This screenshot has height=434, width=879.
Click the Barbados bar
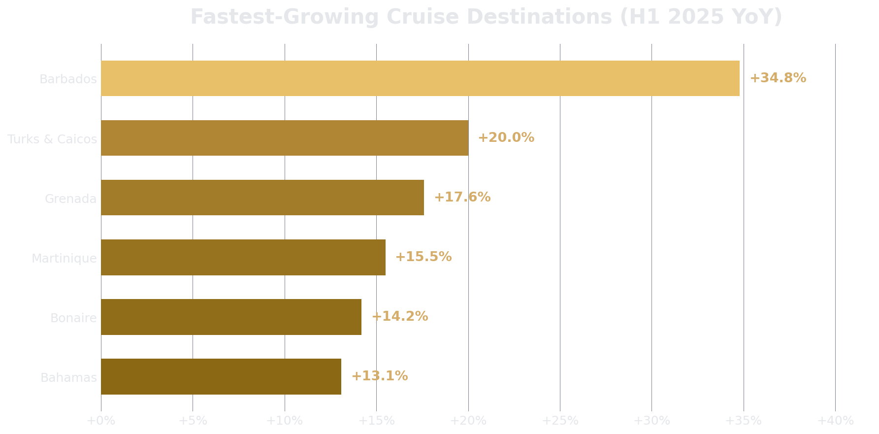[x=420, y=78]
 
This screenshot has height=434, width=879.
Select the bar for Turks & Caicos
[x=285, y=138]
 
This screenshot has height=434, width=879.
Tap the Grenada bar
[x=262, y=198]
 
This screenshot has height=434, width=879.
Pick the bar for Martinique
[x=243, y=257]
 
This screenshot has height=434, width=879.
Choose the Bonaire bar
[x=231, y=317]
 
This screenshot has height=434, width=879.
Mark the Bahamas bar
[x=221, y=376]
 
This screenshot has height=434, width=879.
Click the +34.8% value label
[x=778, y=78]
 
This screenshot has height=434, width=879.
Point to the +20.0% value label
[x=506, y=138]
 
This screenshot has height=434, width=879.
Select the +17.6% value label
[x=462, y=198]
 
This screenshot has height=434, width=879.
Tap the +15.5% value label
[x=423, y=257]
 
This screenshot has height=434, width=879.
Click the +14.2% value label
[x=399, y=317]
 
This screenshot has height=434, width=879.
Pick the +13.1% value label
[x=379, y=376]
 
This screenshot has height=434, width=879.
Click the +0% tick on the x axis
[x=100, y=421]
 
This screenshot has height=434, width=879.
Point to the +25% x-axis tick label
[x=559, y=421]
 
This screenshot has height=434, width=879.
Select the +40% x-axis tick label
[x=835, y=421]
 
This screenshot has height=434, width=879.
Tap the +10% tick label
[x=284, y=421]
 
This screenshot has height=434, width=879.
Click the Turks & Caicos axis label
[x=52, y=139]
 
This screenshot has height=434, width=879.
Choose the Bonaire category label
[x=73, y=318]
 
